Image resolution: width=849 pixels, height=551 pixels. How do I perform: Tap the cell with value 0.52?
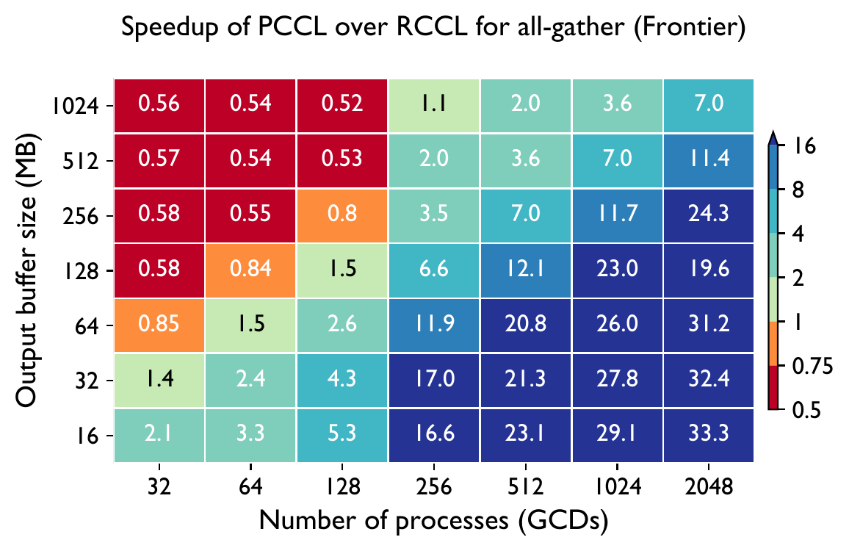point(342,105)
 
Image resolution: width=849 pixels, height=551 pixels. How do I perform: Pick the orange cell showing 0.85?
point(159,325)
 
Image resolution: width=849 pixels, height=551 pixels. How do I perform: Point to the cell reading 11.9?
point(433,325)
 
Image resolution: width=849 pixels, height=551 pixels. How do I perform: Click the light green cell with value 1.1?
point(433,105)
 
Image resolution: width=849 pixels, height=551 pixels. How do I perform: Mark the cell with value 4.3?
point(342,381)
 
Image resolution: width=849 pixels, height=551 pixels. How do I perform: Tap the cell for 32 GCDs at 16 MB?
point(159,435)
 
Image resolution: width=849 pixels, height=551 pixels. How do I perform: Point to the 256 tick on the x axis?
point(433,487)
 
